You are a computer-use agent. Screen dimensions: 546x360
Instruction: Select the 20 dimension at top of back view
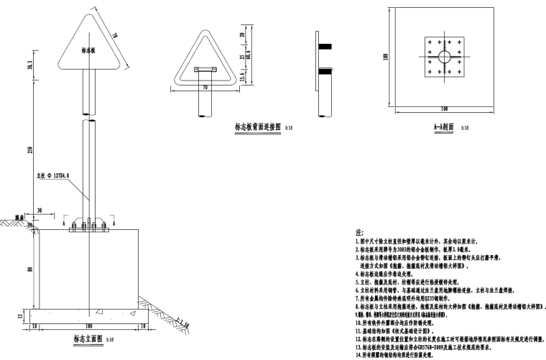242,34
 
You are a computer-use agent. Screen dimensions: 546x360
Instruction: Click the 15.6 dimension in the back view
242,75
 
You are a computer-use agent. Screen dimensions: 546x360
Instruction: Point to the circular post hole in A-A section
445,56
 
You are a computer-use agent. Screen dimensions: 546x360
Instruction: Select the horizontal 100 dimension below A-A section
445,108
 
